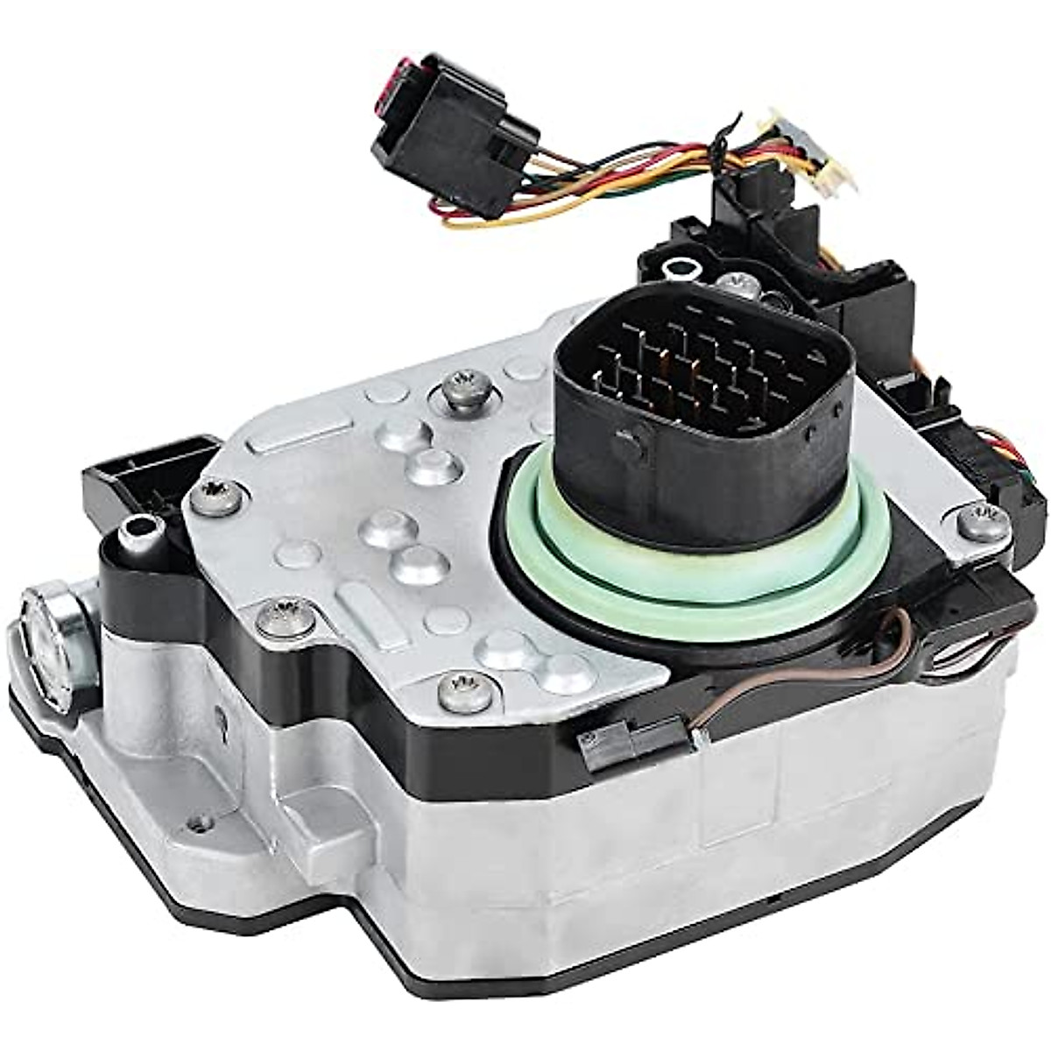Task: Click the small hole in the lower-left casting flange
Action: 203,822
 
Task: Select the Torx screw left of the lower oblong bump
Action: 283,618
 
